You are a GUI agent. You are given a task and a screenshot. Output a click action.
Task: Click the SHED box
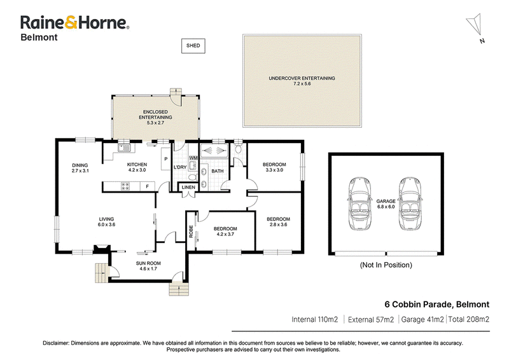pos(193,46)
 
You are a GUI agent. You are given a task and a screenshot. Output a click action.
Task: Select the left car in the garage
pos(360,204)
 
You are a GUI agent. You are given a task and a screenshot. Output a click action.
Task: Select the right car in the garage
pos(411,204)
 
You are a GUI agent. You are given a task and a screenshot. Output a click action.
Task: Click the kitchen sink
pos(124,148)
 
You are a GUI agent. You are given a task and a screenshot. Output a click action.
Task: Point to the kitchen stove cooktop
pos(125,186)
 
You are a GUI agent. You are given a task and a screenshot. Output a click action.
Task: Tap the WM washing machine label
pos(193,158)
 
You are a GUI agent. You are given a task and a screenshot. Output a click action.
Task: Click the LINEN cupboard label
pos(188,187)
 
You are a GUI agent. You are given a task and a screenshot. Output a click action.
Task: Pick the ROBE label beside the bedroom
pos(191,231)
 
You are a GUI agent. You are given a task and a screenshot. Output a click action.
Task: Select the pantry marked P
pos(166,159)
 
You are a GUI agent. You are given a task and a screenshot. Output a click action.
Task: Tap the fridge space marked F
pos(148,186)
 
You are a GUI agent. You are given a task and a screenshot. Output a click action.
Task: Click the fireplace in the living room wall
pos(102,249)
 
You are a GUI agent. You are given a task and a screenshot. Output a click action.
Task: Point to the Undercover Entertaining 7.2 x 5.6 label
pos(302,81)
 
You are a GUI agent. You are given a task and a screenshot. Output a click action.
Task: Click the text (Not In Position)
pos(386,265)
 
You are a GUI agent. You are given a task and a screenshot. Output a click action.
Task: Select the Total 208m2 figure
pos(469,319)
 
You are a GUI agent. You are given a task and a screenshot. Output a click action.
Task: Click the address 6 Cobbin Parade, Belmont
pos(437,305)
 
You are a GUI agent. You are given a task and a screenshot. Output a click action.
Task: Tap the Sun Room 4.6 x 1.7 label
pos(148,266)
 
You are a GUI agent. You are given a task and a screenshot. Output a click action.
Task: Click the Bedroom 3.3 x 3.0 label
pos(274,167)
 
